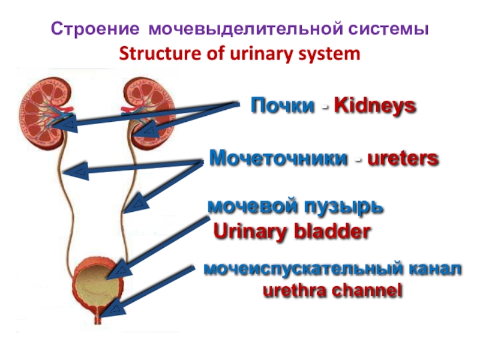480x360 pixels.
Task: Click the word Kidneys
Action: point(374,106)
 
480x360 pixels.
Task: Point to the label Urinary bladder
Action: point(292,232)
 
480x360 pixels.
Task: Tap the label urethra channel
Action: point(332,291)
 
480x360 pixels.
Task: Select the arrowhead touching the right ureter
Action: point(136,203)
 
